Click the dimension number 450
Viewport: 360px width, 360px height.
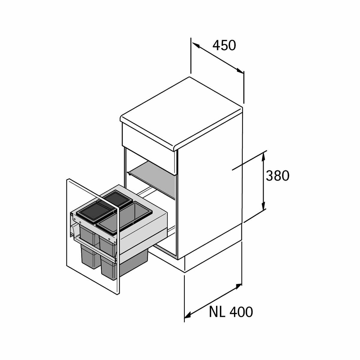pyautogui.click(x=224, y=46)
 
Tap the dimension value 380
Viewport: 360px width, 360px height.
pyautogui.click(x=277, y=175)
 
